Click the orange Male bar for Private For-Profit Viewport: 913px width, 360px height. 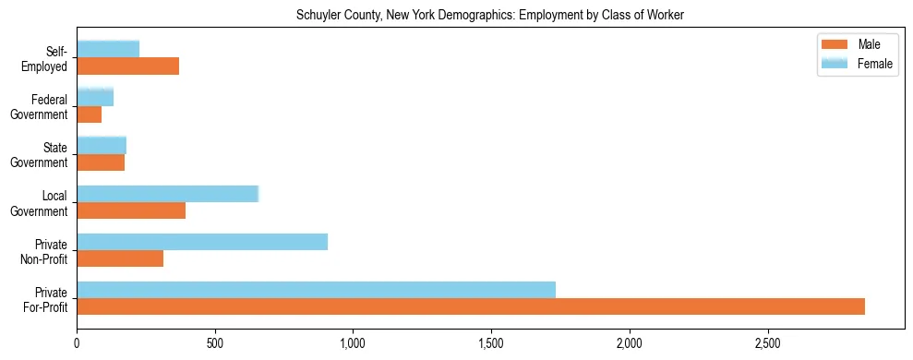point(471,306)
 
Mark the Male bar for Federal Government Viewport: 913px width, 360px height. point(89,114)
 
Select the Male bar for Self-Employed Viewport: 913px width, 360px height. point(127,66)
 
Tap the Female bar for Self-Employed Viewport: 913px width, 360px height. point(108,49)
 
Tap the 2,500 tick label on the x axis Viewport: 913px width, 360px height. point(767,342)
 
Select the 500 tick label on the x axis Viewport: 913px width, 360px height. point(215,342)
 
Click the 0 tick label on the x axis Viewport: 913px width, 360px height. point(77,342)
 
